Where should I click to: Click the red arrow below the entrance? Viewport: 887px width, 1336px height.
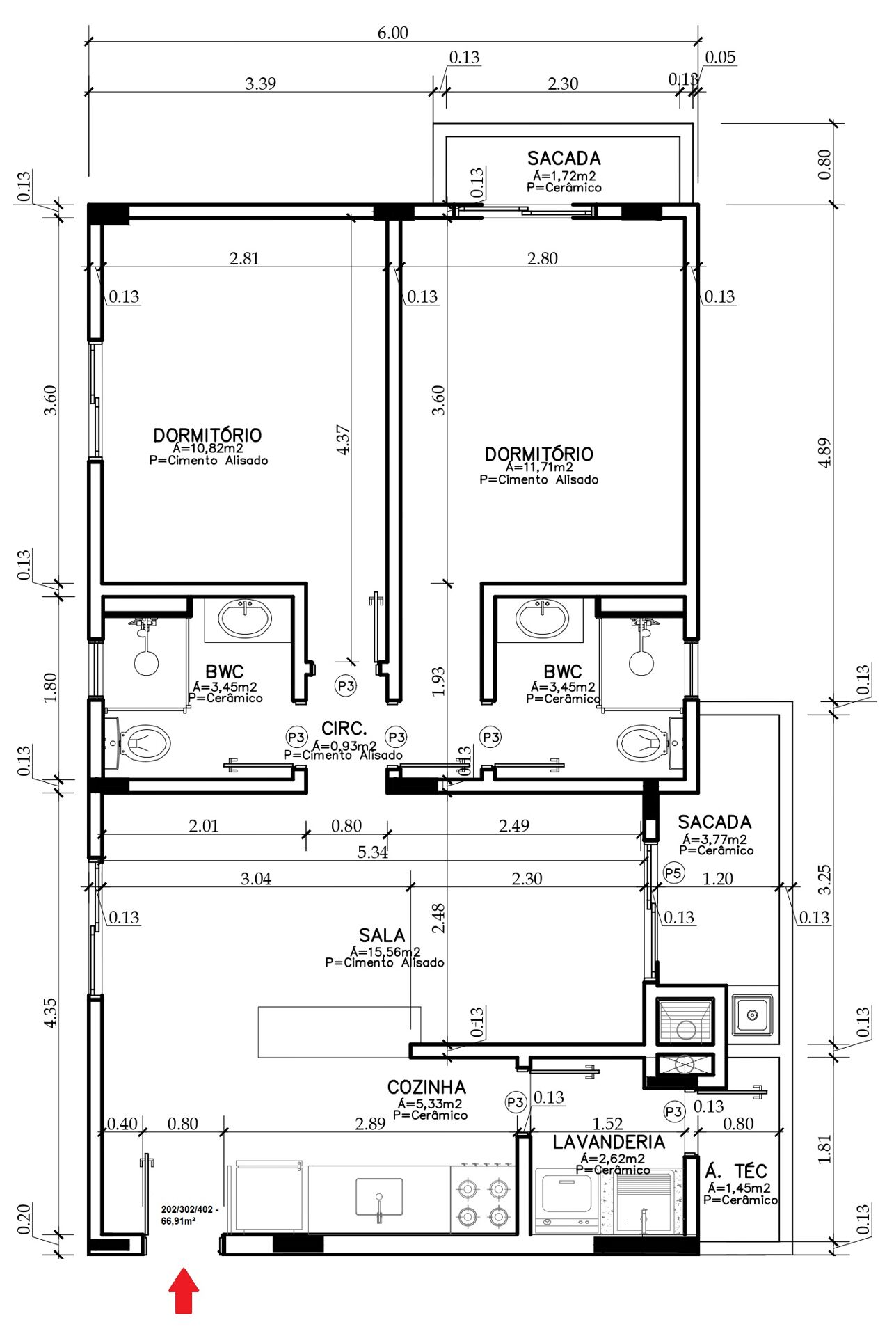pyautogui.click(x=184, y=1290)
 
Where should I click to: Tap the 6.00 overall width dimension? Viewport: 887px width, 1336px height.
pyautogui.click(x=392, y=33)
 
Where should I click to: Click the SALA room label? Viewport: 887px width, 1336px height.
pyautogui.click(x=381, y=935)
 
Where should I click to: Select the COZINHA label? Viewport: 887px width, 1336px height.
pyautogui.click(x=426, y=1088)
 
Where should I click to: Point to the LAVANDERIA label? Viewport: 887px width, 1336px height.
pyautogui.click(x=609, y=1143)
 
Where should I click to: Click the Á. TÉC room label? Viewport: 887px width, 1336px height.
pyautogui.click(x=736, y=1171)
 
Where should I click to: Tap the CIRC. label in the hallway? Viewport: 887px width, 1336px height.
pyautogui.click(x=344, y=729)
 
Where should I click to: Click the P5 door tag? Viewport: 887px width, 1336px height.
pyautogui.click(x=673, y=873)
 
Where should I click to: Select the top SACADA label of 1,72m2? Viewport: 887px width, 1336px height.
pyautogui.click(x=564, y=159)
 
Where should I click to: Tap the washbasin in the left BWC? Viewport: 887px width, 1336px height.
pyautogui.click(x=245, y=618)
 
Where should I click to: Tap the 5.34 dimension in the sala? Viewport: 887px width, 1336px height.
pyautogui.click(x=372, y=852)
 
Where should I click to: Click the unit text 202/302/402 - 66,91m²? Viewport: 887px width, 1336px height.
pyautogui.click(x=189, y=1215)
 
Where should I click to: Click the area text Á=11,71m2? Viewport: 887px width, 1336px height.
pyautogui.click(x=539, y=467)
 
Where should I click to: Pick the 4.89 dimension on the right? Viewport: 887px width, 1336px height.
pyautogui.click(x=824, y=452)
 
